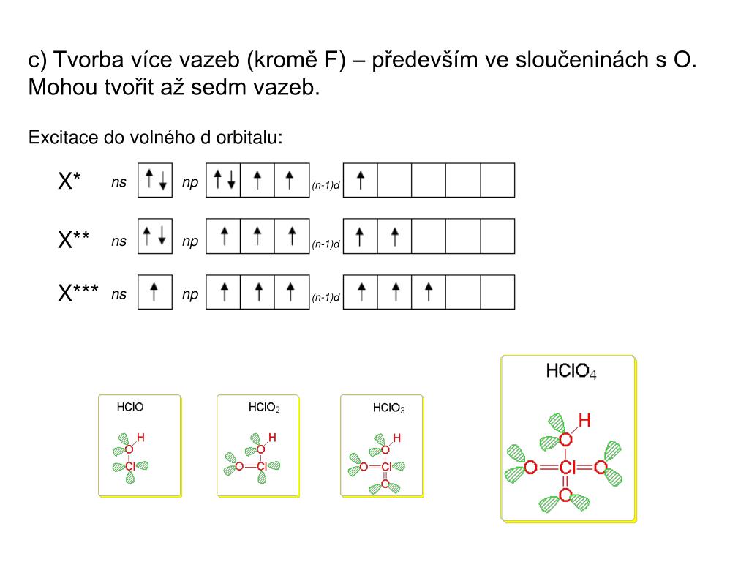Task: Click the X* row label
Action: tap(69, 181)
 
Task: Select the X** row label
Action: tap(74, 239)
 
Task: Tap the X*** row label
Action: tap(78, 293)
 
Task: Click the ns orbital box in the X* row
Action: tap(155, 180)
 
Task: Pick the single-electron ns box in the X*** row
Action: tap(155, 292)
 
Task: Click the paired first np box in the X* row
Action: tap(223, 180)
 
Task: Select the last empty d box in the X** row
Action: tap(497, 236)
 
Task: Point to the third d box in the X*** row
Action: tap(429, 292)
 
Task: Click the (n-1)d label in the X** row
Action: tap(326, 244)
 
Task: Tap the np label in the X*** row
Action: tap(190, 294)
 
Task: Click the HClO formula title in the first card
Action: tap(130, 407)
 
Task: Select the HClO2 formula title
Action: tap(264, 407)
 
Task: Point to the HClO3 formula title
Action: tap(388, 408)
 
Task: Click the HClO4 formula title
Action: tap(571, 372)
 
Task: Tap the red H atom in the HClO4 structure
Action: tap(584, 420)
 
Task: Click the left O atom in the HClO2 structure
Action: tap(238, 466)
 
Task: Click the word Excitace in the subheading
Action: tap(56, 138)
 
